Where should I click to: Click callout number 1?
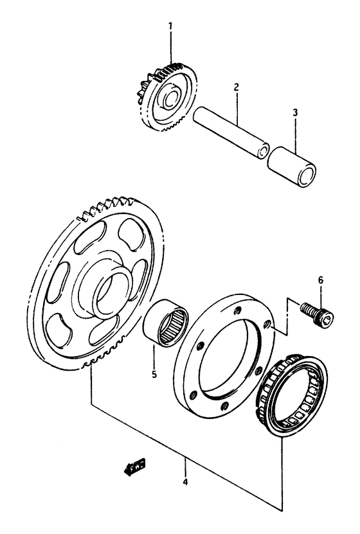[170, 26]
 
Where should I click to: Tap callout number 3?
[294, 113]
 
